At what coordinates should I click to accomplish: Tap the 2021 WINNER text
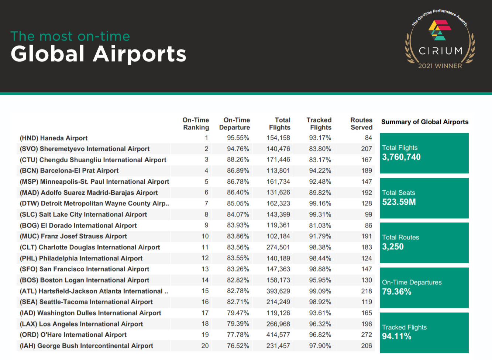[x=440, y=66]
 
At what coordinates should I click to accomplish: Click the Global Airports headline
[x=99, y=54]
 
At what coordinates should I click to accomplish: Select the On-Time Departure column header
[x=234, y=124]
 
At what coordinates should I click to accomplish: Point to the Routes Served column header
[x=361, y=124]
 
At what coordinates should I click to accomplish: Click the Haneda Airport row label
[x=54, y=138]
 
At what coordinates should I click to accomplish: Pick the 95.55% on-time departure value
[x=238, y=138]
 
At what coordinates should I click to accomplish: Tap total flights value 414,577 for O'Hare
[x=278, y=335]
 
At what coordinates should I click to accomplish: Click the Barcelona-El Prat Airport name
[x=69, y=171]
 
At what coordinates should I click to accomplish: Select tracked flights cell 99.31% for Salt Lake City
[x=320, y=214]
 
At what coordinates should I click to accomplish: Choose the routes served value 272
[x=367, y=335]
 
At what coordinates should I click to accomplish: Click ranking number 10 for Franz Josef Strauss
[x=205, y=236]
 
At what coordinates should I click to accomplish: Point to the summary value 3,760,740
[x=401, y=157]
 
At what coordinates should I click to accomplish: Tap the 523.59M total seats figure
[x=399, y=202]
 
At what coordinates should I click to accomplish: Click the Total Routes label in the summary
[x=400, y=237]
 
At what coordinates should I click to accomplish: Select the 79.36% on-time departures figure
[x=397, y=292]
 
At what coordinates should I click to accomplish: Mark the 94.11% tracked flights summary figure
[x=397, y=336]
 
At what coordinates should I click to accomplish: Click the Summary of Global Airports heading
[x=425, y=122]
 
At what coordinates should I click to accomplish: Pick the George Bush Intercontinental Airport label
[x=86, y=346]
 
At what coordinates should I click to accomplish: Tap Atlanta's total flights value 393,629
[x=278, y=291]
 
